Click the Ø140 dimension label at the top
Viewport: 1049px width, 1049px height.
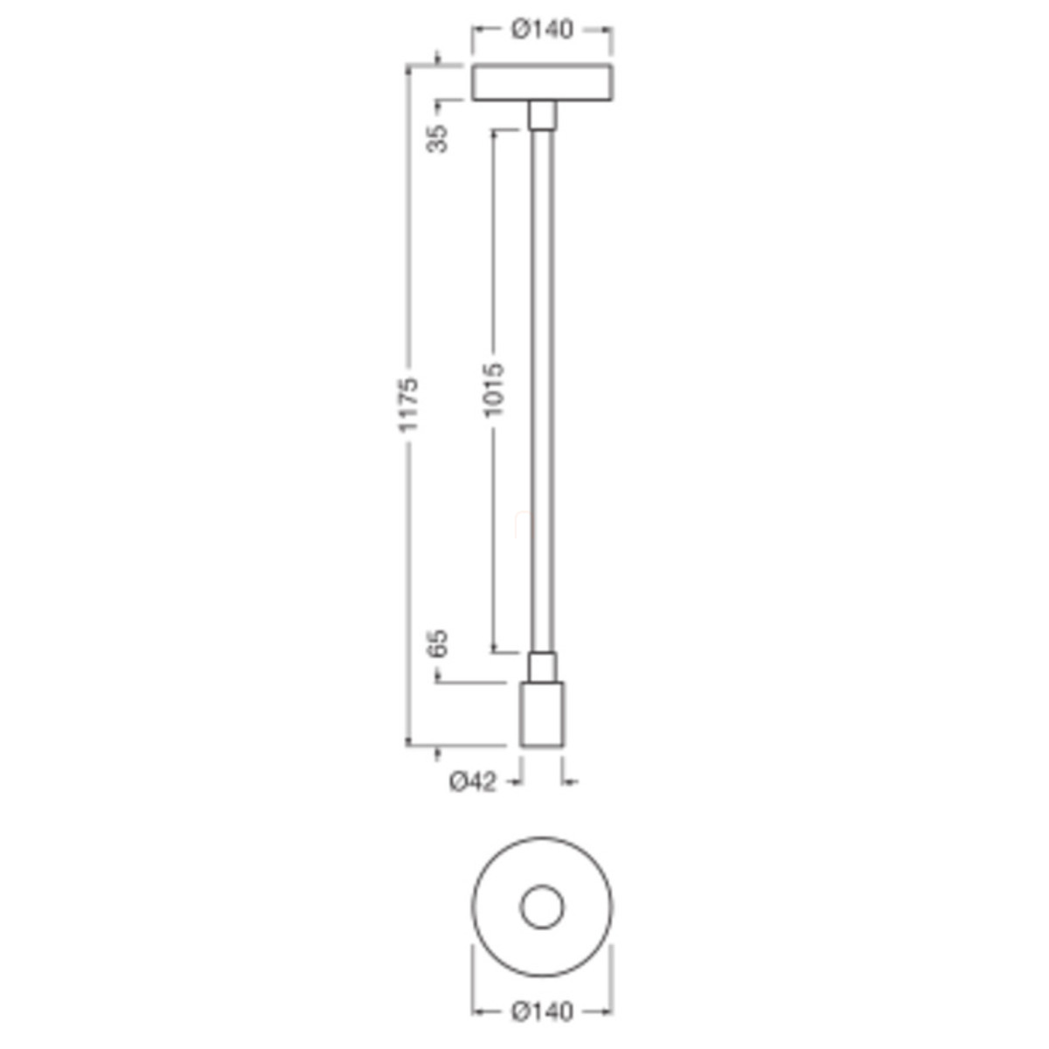[x=542, y=30]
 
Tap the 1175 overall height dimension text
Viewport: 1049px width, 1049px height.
[x=408, y=405]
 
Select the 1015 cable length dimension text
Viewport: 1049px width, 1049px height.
[x=494, y=390]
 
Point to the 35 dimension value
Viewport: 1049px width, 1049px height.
[x=438, y=139]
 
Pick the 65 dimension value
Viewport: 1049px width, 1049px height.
[x=438, y=643]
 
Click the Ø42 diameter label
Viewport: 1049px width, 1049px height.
[x=473, y=782]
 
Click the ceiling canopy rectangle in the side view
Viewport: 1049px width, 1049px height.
[x=542, y=82]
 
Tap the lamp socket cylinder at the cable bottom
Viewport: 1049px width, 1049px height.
[x=542, y=713]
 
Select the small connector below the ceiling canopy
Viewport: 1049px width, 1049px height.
[x=542, y=115]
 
